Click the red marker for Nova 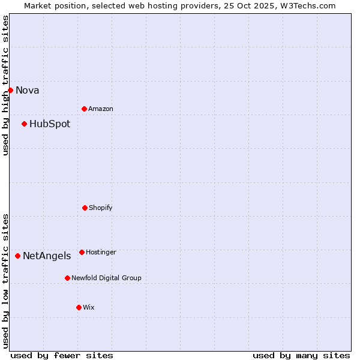point(10,90)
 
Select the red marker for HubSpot point(24,124)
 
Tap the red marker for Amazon point(84,109)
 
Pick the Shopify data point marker point(85,208)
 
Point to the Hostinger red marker point(82,252)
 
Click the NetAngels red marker point(17,256)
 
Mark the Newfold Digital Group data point point(67,278)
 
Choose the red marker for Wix point(79,307)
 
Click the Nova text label point(28,91)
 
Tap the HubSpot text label point(50,124)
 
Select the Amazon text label point(101,109)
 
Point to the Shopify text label point(101,208)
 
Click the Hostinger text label point(101,253)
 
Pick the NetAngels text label point(47,256)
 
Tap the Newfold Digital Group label point(106,278)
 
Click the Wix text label point(89,308)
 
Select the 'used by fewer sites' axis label point(62,355)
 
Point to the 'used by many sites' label point(301,355)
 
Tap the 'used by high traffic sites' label point(5,85)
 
